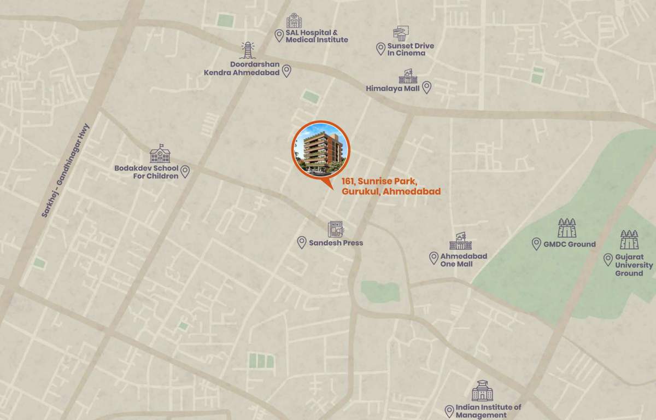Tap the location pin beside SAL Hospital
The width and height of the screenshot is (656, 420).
click(x=279, y=36)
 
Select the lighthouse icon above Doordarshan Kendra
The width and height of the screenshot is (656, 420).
click(x=248, y=50)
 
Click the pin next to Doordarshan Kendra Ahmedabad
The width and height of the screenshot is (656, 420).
click(x=286, y=71)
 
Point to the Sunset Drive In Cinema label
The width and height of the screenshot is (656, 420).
click(x=411, y=49)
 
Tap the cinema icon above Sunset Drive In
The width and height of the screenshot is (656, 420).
click(x=400, y=33)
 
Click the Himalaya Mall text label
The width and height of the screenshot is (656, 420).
click(x=393, y=88)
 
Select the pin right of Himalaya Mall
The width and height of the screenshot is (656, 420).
click(x=427, y=87)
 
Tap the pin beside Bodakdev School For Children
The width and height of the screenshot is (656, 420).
click(x=185, y=171)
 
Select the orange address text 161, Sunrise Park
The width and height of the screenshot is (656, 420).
click(x=391, y=186)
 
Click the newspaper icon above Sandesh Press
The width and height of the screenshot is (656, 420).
click(x=336, y=229)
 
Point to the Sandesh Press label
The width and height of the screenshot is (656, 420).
click(x=336, y=243)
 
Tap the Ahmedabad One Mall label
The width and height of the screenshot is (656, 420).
click(x=464, y=260)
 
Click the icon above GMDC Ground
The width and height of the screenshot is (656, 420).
click(x=567, y=227)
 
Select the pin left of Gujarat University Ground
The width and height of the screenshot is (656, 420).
click(x=608, y=259)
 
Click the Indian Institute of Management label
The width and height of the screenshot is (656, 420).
click(x=488, y=411)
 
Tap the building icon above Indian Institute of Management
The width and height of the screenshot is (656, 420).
click(x=482, y=391)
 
